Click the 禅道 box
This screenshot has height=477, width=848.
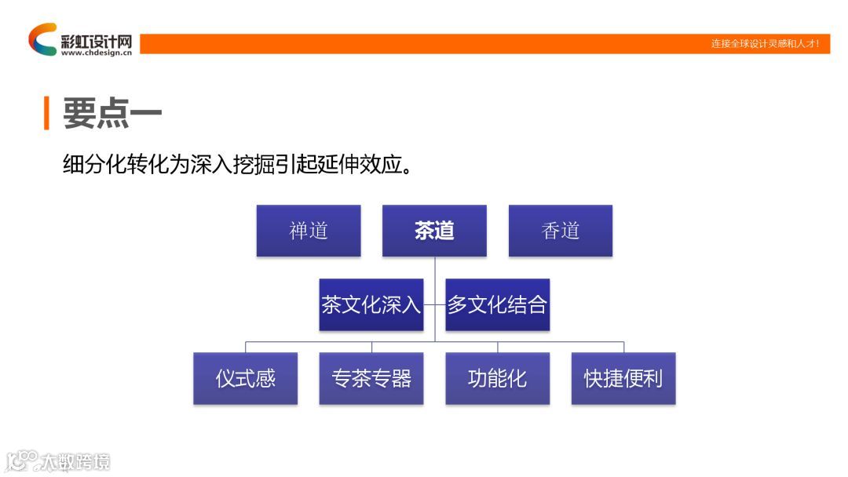point(308,231)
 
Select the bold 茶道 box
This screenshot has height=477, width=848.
point(434,231)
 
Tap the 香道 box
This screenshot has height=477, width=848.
point(560,231)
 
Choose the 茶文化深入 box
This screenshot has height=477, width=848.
point(371,304)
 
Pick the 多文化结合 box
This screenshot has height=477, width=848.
point(497,304)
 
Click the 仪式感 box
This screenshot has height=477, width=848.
point(245,378)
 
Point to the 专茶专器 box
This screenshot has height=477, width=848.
point(371,378)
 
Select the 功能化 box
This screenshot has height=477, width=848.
point(497,378)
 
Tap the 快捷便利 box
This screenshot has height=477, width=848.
point(623,378)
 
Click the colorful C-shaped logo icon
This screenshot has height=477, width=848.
point(42,38)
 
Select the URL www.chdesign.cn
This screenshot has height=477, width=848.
point(96,53)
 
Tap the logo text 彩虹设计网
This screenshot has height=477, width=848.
point(96,39)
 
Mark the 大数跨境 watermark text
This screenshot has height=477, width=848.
point(76,461)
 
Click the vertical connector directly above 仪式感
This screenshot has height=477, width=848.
point(246,347)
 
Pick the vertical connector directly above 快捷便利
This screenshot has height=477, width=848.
point(623,347)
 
